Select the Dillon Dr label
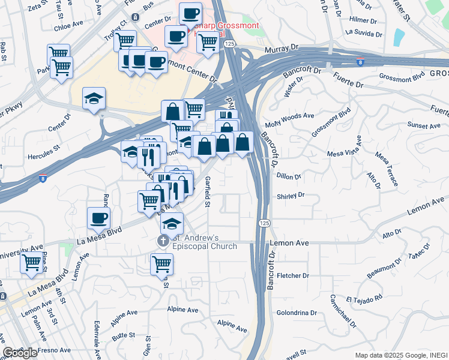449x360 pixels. click(289, 176)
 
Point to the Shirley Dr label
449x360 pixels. click(291, 196)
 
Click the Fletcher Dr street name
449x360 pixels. click(294, 276)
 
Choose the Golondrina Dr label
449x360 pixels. click(297, 313)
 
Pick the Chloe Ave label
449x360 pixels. click(68, 26)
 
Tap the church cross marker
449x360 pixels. click(163, 241)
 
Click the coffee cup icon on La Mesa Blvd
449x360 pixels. click(98, 218)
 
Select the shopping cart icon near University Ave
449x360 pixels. click(31, 262)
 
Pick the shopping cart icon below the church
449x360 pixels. click(161, 263)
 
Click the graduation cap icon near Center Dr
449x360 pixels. click(94, 98)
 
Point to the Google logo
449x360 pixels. click(20, 353)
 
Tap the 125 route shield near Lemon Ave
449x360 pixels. click(265, 223)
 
